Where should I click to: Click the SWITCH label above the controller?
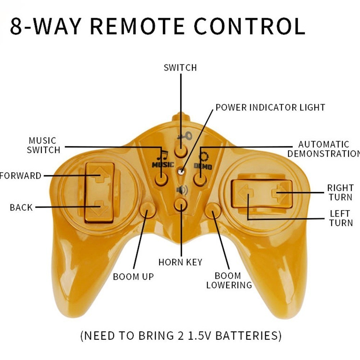pos(180,68)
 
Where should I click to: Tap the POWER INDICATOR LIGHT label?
pos(270,108)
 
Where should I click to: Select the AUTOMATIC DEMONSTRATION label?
pos(323,149)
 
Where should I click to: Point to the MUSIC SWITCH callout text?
pos(43,145)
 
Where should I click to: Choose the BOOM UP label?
pos(133,277)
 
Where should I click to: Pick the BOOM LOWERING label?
pos(229,281)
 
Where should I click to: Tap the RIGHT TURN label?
pos(340,192)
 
